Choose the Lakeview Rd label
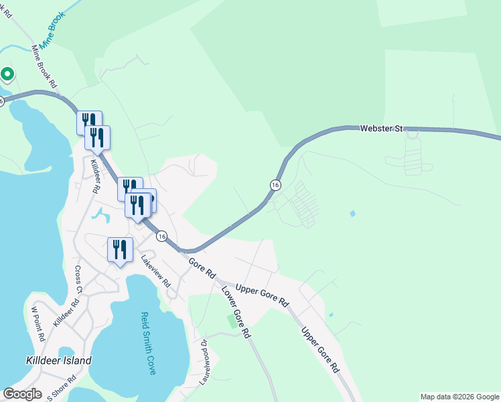pyautogui.click(x=155, y=274)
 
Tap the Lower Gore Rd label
pyautogui.click(x=235, y=312)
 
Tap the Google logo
pyautogui.click(x=22, y=394)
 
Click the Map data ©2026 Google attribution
pyautogui.click(x=459, y=397)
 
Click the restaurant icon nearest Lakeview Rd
pyautogui.click(x=120, y=249)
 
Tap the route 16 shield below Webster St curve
pyautogui.click(x=275, y=184)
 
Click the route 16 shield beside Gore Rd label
pyautogui.click(x=161, y=236)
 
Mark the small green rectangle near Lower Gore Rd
pyautogui.click(x=232, y=322)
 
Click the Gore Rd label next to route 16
pyautogui.click(x=202, y=268)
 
